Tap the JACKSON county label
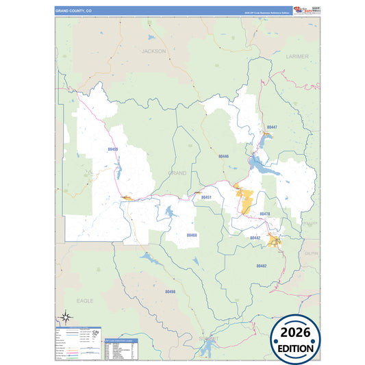pyautogui.click(x=154, y=51)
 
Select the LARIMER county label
pyautogui.click(x=298, y=56)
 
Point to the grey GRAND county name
pyautogui.click(x=177, y=173)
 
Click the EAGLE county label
pyautogui.click(x=85, y=301)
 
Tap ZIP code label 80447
pyautogui.click(x=272, y=127)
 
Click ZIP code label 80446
pyautogui.click(x=223, y=156)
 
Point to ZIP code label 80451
pyautogui.click(x=206, y=197)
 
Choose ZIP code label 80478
pyautogui.click(x=264, y=214)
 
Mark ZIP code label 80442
pyautogui.click(x=255, y=238)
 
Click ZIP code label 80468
pyautogui.click(x=192, y=235)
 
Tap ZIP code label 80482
pyautogui.click(x=261, y=265)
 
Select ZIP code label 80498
pyautogui.click(x=171, y=292)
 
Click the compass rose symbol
pyautogui.click(x=66, y=316)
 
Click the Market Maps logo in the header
pyautogui.click(x=302, y=10)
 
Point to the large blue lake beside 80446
pyautogui.click(x=259, y=164)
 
